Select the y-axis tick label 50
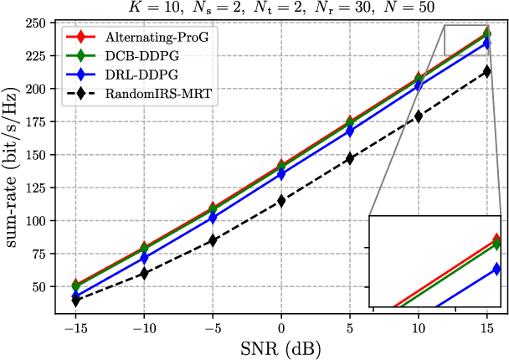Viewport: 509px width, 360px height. (x=35, y=287)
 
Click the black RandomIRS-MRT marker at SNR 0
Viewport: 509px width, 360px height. (x=281, y=201)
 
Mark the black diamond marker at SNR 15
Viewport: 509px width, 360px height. (x=487, y=71)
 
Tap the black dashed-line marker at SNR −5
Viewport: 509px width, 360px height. (x=213, y=240)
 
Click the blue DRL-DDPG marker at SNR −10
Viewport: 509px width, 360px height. (x=144, y=259)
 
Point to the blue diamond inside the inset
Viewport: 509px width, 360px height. (x=497, y=270)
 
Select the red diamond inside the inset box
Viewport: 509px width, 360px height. (x=498, y=240)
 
